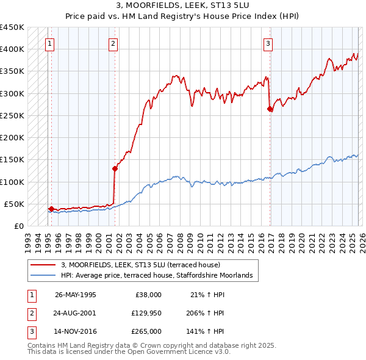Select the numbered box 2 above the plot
click(x=113, y=43)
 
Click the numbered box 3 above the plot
click(x=268, y=43)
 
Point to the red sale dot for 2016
click(x=270, y=109)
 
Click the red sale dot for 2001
click(x=114, y=169)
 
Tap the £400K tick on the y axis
click(x=12, y=49)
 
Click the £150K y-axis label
click(x=12, y=160)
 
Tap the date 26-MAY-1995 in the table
click(x=75, y=295)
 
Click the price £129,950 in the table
click(x=146, y=313)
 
